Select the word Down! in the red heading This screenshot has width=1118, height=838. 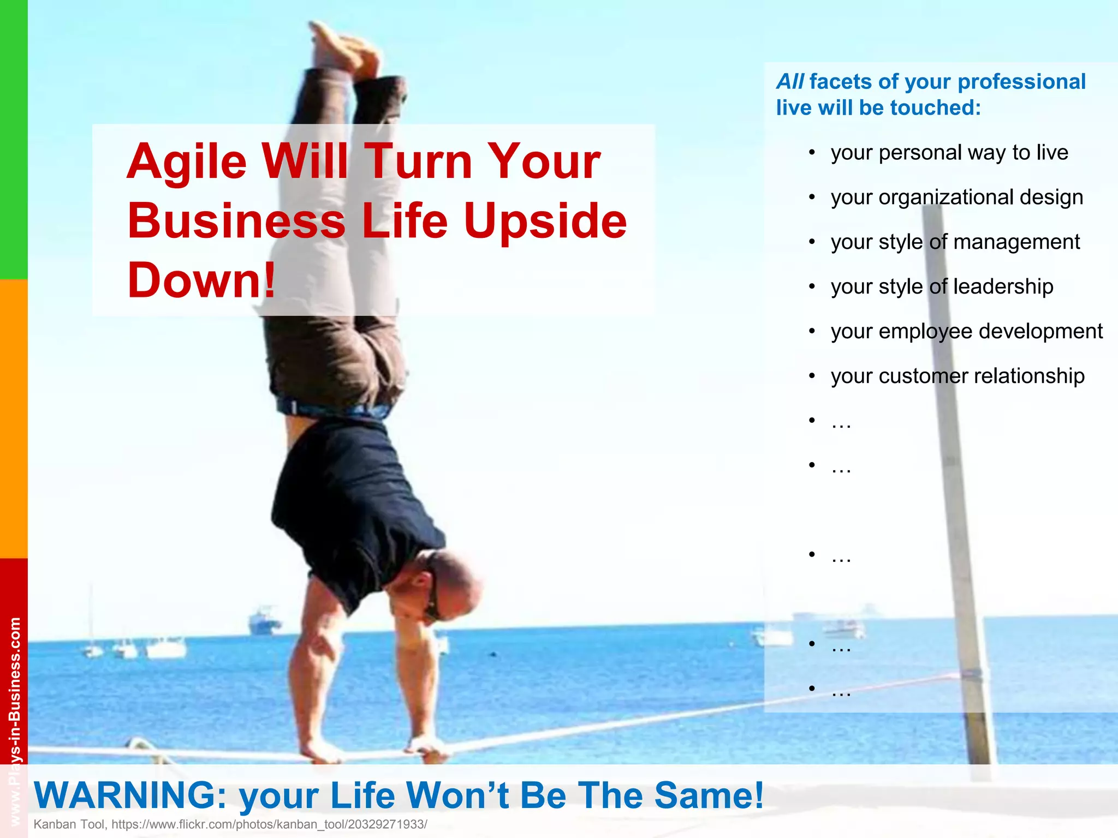[201, 280]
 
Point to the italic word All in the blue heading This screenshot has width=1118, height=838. [789, 82]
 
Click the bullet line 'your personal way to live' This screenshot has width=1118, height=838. [949, 153]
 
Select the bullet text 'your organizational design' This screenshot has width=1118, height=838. [956, 197]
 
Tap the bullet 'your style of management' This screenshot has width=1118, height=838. [955, 242]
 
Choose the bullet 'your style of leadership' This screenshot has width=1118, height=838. [942, 287]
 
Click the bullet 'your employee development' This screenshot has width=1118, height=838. [966, 332]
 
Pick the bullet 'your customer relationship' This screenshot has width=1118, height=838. [957, 376]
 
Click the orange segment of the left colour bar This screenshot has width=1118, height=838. [14, 418]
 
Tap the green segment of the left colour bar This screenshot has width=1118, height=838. [14, 139]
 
